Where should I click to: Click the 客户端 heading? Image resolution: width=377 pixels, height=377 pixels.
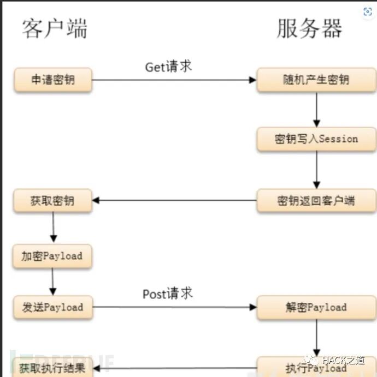[55, 29]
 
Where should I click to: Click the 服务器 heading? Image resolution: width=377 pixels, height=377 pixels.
[309, 29]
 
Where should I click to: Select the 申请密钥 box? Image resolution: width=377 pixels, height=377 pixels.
[53, 80]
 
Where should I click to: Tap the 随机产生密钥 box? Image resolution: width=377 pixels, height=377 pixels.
[316, 80]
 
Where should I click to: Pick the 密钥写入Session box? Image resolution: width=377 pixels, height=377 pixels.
[316, 139]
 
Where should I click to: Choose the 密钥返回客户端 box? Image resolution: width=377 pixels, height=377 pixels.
[316, 200]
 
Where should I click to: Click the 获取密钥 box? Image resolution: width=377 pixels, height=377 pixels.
[53, 200]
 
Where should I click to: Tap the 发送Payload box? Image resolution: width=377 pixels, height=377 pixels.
[53, 307]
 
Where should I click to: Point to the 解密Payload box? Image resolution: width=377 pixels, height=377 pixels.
[316, 307]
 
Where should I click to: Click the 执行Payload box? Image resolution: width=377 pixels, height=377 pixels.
[316, 367]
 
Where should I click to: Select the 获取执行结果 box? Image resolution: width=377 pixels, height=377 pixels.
[53, 368]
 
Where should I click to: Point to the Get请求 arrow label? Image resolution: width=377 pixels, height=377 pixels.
[168, 67]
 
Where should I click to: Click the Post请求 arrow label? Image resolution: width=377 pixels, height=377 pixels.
[168, 294]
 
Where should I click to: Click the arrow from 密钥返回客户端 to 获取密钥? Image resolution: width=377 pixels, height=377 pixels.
[175, 200]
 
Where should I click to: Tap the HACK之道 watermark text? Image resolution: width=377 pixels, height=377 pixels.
[343, 361]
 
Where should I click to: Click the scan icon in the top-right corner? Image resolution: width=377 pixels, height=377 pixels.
[367, 11]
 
